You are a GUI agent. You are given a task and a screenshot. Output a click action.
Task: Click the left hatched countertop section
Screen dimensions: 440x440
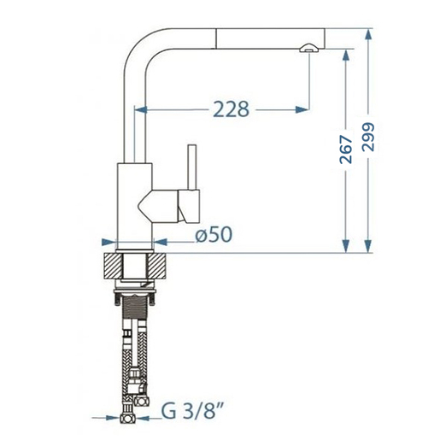[111, 267]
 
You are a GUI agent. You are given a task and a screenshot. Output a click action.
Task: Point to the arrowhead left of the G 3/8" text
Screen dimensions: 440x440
[116, 419]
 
